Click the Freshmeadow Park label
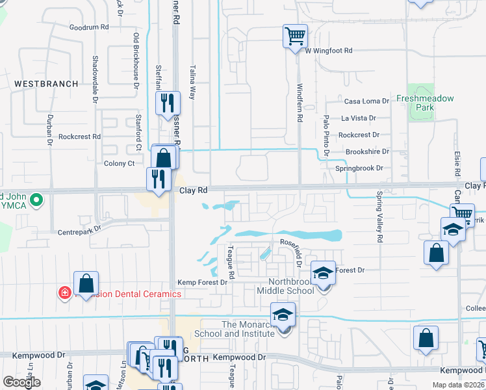coord(425,99)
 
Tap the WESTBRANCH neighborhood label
coord(46,84)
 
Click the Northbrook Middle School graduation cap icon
coord(323,273)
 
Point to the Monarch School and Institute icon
coord(283,317)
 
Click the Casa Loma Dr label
coord(366,101)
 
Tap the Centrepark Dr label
coord(80,229)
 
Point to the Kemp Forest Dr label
coord(202,282)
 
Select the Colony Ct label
coord(123,163)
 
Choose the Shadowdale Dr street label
coord(95,71)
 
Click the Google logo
coord(22,383)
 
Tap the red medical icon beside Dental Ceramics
coord(64,293)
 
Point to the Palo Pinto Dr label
coord(326,135)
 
